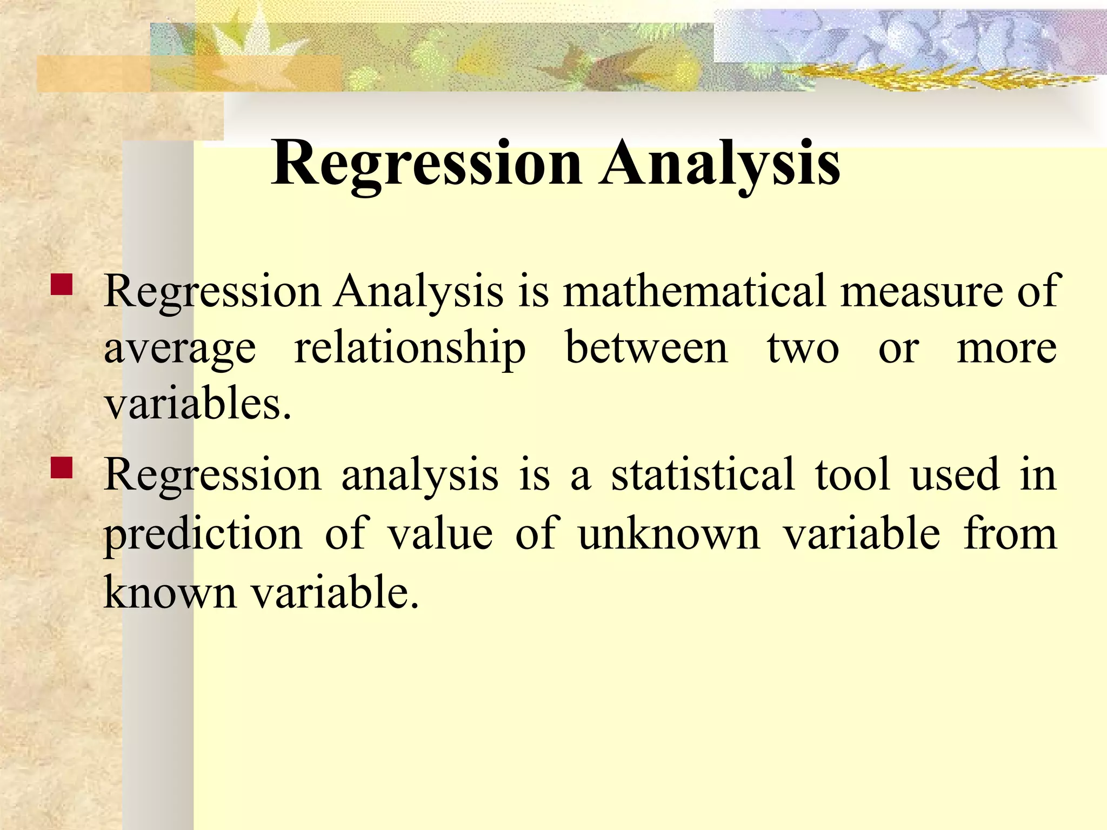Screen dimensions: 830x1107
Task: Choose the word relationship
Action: [x=410, y=349]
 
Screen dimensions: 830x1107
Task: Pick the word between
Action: [x=646, y=349]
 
